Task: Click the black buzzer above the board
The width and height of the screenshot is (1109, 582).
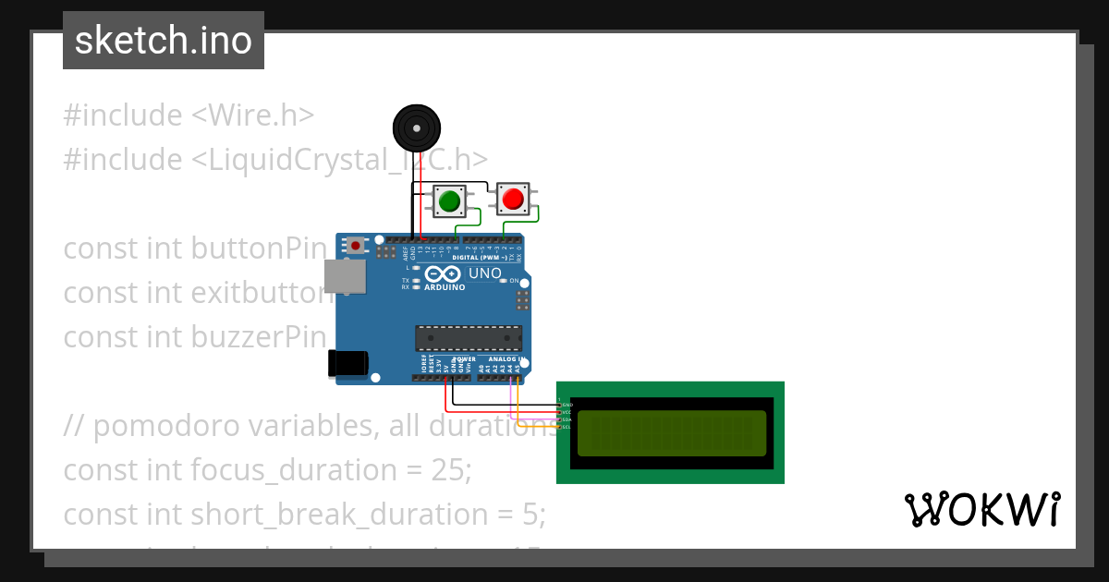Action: [416, 127]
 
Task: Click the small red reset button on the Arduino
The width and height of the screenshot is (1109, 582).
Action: [355, 246]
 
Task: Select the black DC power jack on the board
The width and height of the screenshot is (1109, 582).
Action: [349, 363]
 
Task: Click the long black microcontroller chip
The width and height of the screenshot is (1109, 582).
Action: [469, 338]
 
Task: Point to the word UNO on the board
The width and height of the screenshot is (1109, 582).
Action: [485, 273]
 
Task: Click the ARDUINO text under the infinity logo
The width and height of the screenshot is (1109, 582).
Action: [445, 287]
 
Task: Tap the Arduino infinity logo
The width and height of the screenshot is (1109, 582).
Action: [444, 274]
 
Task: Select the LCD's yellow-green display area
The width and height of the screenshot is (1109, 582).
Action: [672, 433]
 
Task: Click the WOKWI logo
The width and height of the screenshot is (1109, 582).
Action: [982, 510]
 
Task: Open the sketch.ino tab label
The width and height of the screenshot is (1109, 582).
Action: [164, 41]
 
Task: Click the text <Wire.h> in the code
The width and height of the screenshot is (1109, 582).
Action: [253, 115]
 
